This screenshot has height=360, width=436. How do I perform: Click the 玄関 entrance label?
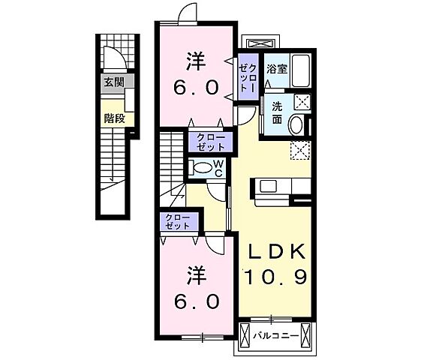tap(114, 82)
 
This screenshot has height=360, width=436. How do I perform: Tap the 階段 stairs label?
tap(114, 118)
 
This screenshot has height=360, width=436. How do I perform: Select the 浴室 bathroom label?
tap(275, 68)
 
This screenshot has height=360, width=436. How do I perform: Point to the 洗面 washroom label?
tap(277, 113)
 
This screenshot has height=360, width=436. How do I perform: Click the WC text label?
tap(218, 167)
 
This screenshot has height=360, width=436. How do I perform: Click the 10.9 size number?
tap(274, 277)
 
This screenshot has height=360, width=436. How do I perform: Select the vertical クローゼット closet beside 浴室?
tap(248, 78)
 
